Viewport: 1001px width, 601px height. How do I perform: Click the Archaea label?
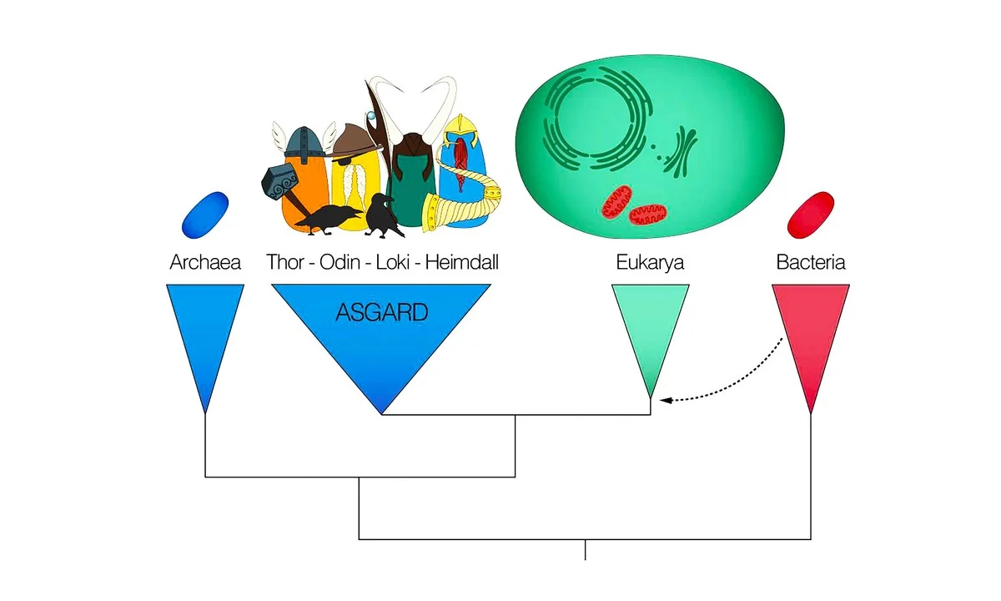[x=205, y=262]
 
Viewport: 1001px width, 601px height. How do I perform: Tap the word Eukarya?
[x=650, y=262]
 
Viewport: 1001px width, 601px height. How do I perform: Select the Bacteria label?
[x=811, y=262]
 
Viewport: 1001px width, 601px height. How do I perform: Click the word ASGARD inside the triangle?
[x=381, y=312]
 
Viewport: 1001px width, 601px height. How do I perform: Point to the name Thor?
[x=284, y=262]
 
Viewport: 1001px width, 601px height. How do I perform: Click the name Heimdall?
[x=462, y=262]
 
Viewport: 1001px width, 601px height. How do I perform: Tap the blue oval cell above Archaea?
[x=205, y=213]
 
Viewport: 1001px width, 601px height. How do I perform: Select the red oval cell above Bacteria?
[x=811, y=213]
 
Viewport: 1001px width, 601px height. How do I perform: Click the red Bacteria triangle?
[x=811, y=334]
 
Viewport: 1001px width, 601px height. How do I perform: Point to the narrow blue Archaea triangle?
[x=205, y=334]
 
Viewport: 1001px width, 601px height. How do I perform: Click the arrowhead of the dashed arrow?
[x=664, y=401]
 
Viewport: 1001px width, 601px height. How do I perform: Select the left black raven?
[x=324, y=219]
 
